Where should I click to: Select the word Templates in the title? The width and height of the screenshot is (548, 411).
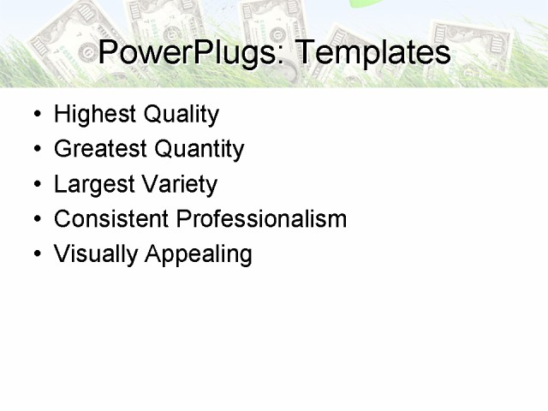click(x=372, y=53)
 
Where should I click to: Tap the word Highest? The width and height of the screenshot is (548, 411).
click(x=90, y=115)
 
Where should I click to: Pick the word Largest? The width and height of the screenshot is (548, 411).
click(x=88, y=185)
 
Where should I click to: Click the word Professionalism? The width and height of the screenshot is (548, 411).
click(x=261, y=219)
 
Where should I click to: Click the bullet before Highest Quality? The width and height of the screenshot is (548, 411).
click(x=35, y=115)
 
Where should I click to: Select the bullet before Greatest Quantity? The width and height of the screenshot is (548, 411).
click(x=35, y=150)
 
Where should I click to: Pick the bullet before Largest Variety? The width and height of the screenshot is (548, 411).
click(x=35, y=185)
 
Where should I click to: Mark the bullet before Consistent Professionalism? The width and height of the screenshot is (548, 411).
click(x=35, y=220)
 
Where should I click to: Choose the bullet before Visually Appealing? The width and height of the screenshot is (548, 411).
click(x=35, y=254)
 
